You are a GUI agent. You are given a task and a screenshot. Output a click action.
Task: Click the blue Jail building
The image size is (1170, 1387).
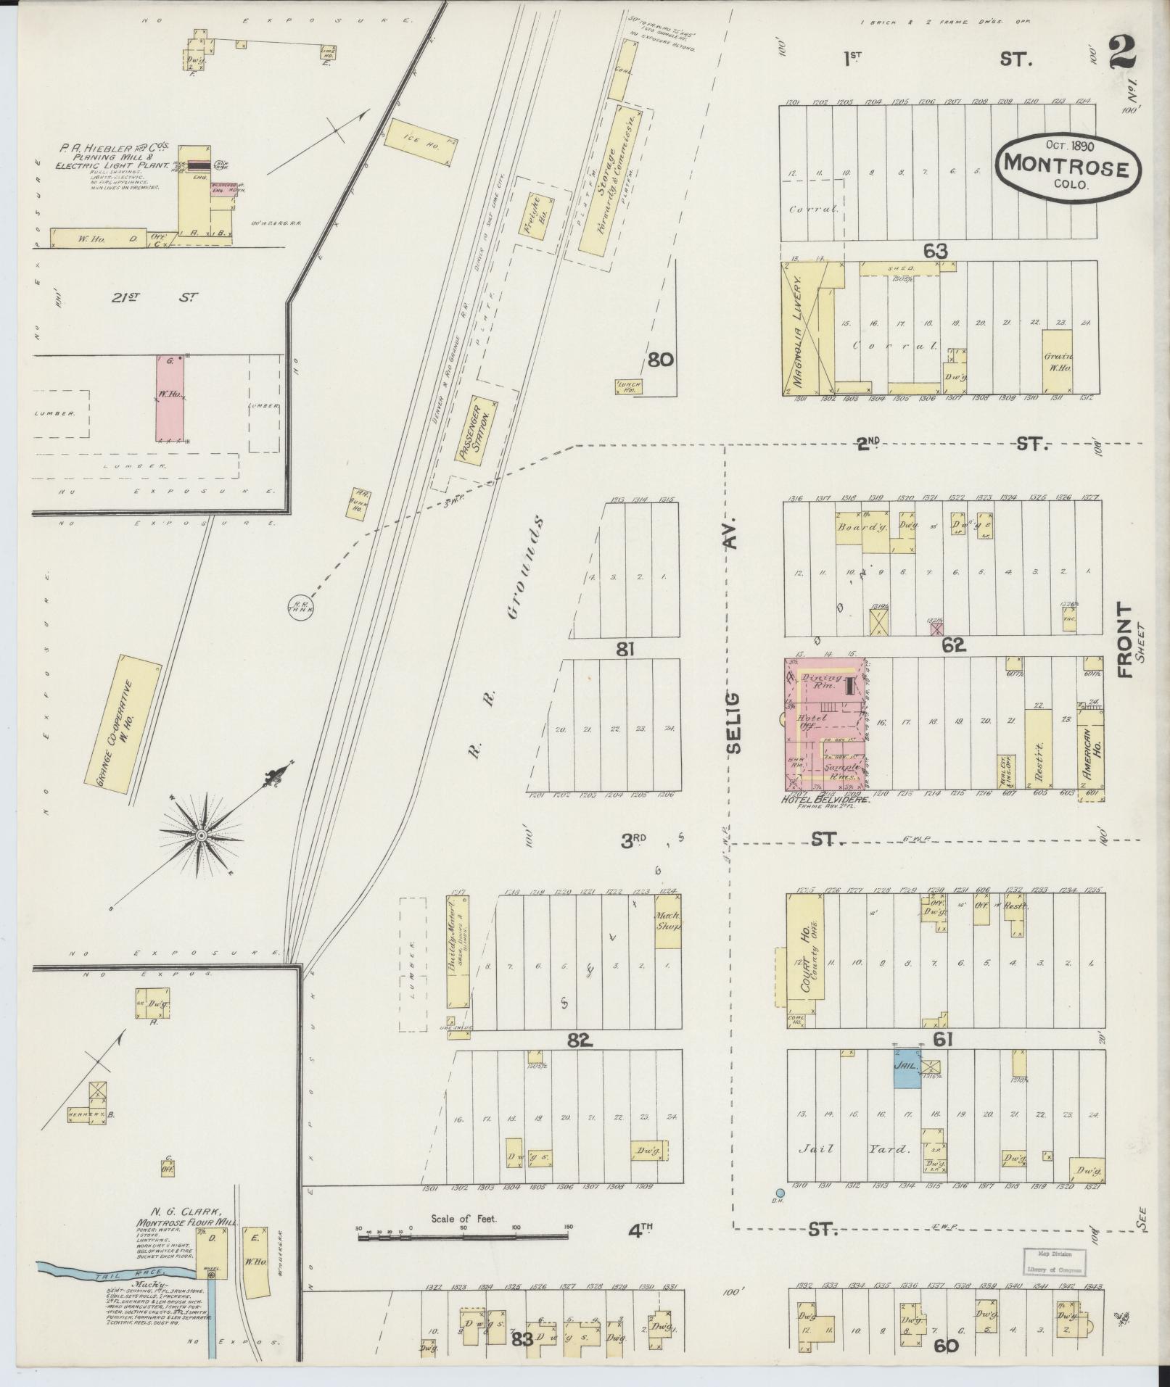click(906, 1072)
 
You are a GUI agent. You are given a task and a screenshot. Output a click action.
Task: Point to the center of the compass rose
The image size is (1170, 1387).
click(201, 837)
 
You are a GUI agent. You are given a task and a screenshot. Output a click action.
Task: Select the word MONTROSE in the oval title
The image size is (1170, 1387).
click(1064, 168)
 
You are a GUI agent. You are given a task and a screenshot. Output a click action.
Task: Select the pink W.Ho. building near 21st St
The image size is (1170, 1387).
click(170, 397)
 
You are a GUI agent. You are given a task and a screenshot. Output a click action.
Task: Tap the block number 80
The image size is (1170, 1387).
click(661, 360)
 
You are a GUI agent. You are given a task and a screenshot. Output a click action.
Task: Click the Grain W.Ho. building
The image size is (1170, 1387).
click(1057, 362)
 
